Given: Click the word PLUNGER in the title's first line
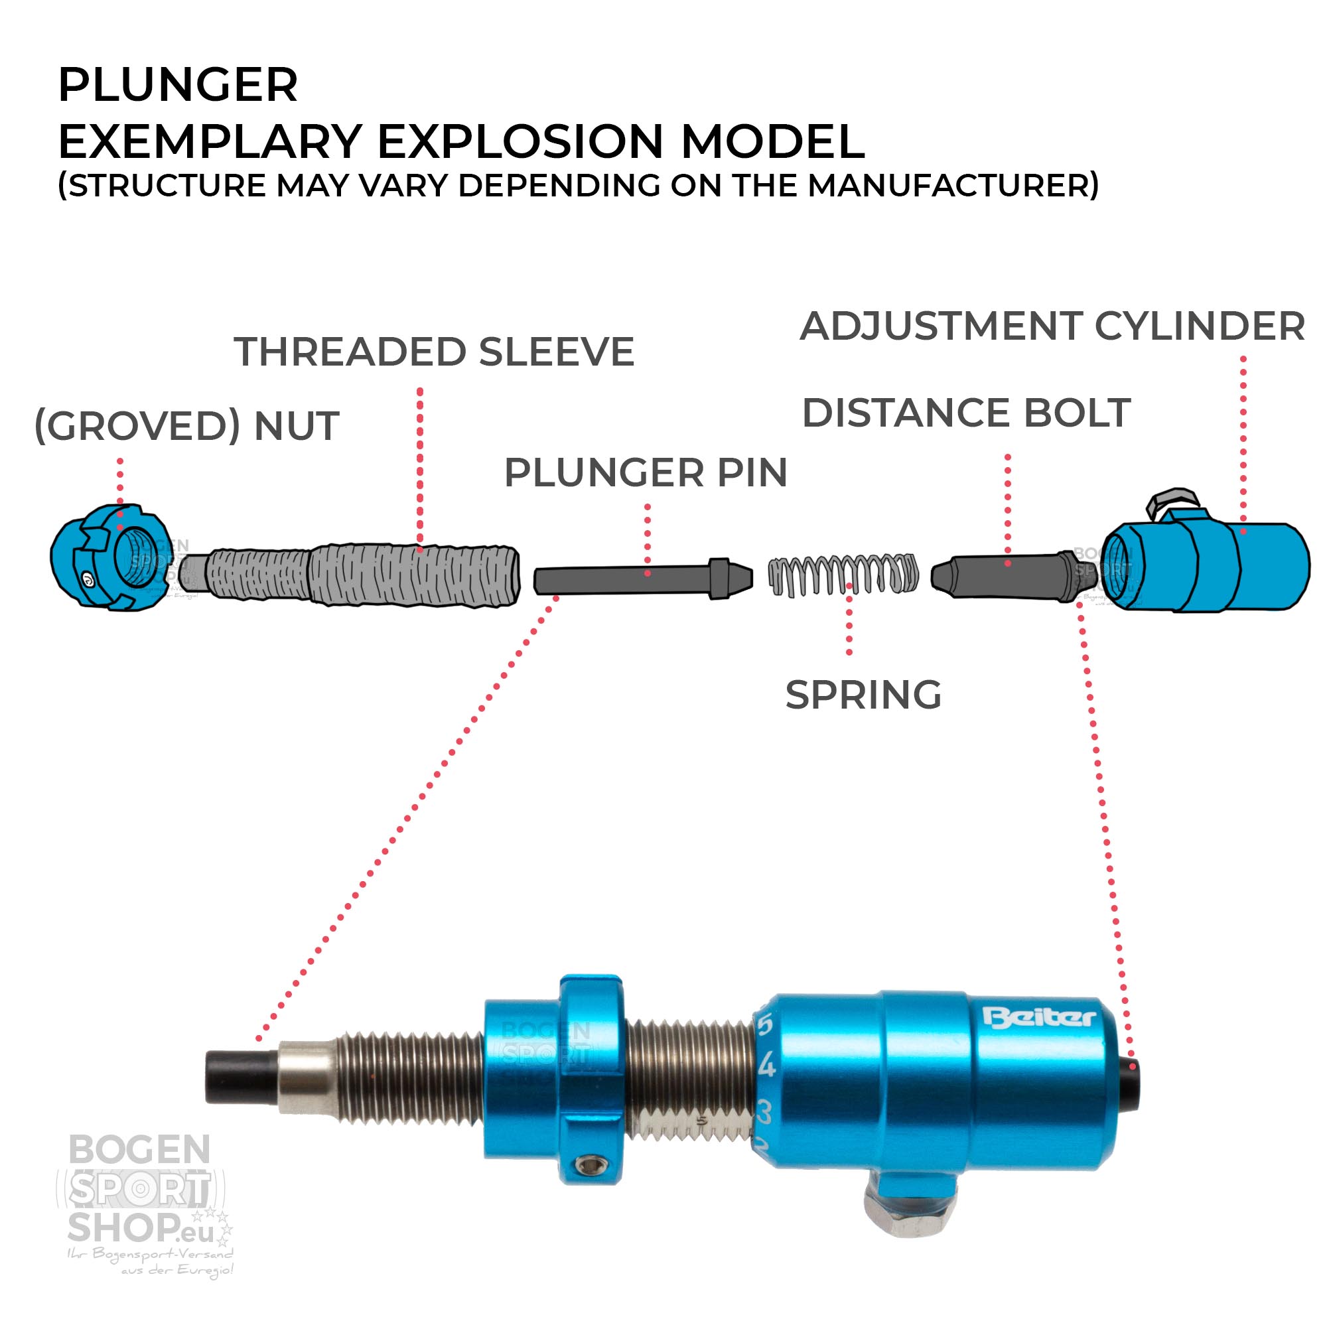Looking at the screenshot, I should click(x=178, y=86).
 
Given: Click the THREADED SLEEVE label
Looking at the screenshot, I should click(x=433, y=352).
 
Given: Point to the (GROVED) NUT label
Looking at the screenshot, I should click(x=187, y=426).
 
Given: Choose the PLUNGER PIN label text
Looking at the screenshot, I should click(x=646, y=473).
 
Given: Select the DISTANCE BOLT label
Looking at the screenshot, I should click(x=965, y=413).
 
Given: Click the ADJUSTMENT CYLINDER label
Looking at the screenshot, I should click(x=1052, y=326).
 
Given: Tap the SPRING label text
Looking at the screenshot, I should click(x=863, y=695).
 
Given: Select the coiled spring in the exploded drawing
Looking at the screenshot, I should click(x=843, y=574).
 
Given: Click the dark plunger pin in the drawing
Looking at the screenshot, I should click(x=632, y=579).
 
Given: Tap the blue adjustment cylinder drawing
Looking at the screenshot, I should click(x=1209, y=567).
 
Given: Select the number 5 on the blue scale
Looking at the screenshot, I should click(x=764, y=1026).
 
